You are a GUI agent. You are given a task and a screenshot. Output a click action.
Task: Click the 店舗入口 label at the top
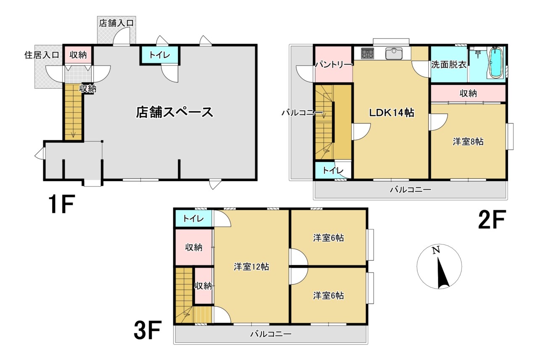(116, 23)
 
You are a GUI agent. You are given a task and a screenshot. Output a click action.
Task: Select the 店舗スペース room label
(174, 112)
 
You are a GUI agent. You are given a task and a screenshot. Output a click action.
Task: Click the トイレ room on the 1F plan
(160, 55)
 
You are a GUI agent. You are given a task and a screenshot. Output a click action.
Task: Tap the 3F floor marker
(148, 331)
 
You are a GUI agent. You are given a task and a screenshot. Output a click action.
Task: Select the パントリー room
(333, 65)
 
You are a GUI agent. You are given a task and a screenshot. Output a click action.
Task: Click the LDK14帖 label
(392, 113)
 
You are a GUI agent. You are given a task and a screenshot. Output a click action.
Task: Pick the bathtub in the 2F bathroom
(496, 63)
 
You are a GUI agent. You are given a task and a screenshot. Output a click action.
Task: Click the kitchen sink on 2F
(394, 53)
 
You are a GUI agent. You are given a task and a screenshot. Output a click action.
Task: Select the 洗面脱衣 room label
(448, 65)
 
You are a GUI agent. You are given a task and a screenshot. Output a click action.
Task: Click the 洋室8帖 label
(468, 142)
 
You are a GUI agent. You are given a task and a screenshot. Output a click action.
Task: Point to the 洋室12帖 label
(251, 266)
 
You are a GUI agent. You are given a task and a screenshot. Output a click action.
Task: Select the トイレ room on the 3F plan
(193, 219)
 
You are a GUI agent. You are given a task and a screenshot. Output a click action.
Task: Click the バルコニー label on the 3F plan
(271, 334)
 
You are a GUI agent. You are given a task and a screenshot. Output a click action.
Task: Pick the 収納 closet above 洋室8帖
(468, 93)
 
